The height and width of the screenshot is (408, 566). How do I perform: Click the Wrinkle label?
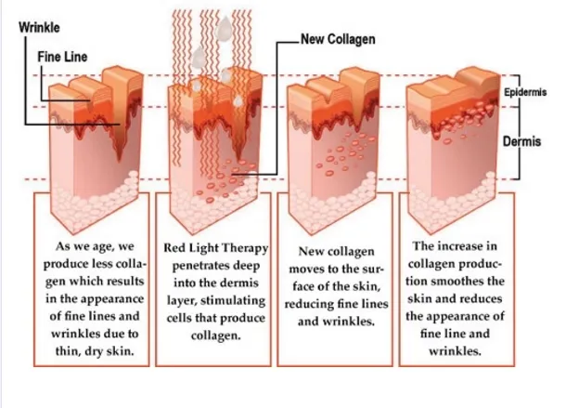pos(39,28)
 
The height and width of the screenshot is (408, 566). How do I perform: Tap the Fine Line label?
pos(62,57)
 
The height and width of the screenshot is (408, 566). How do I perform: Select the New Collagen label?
pos(338,39)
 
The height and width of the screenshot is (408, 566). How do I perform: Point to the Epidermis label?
pos(525,92)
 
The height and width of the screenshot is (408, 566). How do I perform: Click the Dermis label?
pos(522,141)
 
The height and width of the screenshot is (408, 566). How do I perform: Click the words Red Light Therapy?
pos(216,248)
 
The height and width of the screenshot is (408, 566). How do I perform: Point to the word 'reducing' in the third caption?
pos(308,304)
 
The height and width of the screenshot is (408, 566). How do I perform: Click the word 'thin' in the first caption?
pos(68,351)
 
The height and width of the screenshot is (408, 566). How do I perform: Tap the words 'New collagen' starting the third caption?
pos(336,252)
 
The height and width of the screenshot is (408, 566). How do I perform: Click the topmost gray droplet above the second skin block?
pos(224,28)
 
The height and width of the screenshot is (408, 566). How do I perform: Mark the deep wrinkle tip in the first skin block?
pos(119,159)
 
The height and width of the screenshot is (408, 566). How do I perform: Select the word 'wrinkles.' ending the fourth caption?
pos(456,351)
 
